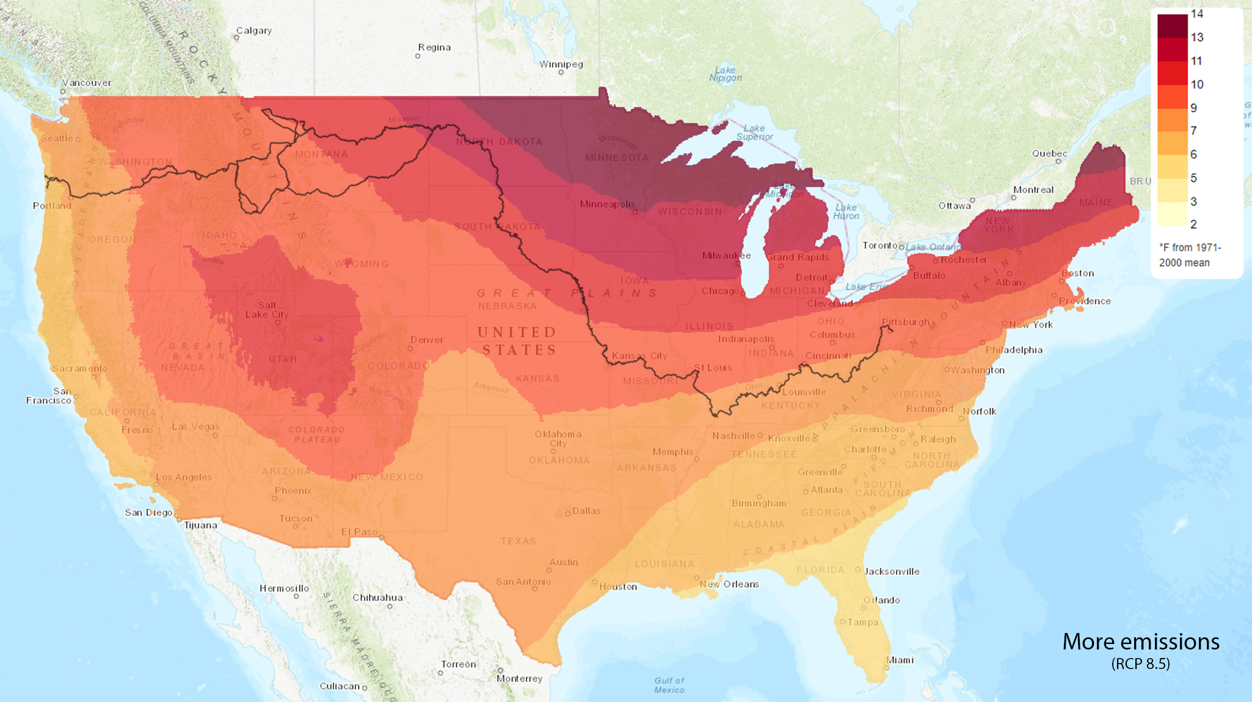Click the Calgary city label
[253, 31]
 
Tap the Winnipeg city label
[561, 64]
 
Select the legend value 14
[1196, 14]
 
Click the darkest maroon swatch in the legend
[1172, 26]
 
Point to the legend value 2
[1193, 224]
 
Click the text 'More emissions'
[1140, 642]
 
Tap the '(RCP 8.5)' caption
[1140, 664]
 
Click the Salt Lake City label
[267, 309]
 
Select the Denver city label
[427, 339]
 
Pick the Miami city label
[900, 660]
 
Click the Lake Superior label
[754, 132]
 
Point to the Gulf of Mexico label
[669, 685]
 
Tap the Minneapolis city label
[607, 204]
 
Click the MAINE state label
[1096, 202]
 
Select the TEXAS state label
[518, 541]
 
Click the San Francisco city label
[49, 396]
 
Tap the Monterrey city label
[519, 678]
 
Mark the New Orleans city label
[729, 584]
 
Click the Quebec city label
[1049, 153]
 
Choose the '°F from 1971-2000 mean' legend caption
[1189, 255]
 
